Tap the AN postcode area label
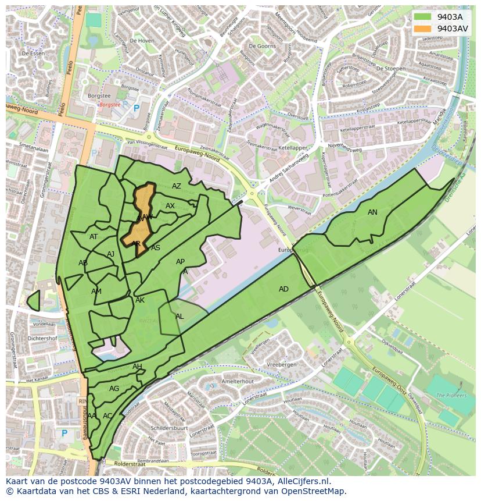[372, 212]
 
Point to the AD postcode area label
[283, 289]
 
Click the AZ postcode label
[177, 186]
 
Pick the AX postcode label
[170, 206]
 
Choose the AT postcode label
[94, 237]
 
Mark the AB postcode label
[83, 263]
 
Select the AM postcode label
[96, 292]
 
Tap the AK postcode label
[140, 300]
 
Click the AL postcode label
[180, 317]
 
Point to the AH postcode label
[137, 367]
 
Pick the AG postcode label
[114, 389]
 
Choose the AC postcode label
[107, 416]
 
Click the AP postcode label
[180, 262]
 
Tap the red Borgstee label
[109, 105]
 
